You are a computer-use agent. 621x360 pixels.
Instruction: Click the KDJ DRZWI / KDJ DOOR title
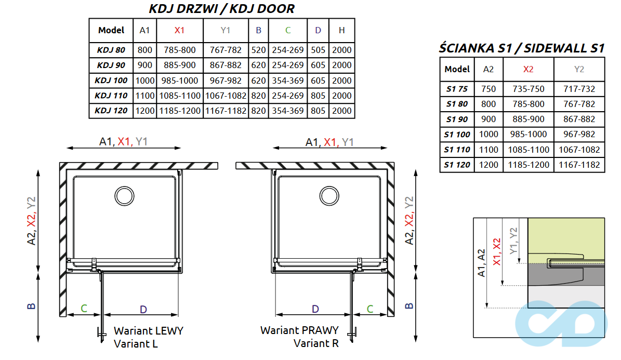tap(221, 9)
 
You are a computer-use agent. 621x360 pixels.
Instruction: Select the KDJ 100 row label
tap(111, 81)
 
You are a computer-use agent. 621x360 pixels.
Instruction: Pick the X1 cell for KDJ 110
tap(179, 96)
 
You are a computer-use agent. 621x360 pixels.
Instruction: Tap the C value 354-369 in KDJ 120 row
tap(288, 111)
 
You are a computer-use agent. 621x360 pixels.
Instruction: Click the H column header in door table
tap(341, 31)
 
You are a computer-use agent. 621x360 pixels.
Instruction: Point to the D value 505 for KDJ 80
tap(318, 50)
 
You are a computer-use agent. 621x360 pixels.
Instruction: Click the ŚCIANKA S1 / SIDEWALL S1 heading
tap(522, 48)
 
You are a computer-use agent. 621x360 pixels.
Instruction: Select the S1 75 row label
tap(457, 89)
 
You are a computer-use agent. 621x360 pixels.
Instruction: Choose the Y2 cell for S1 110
tap(579, 150)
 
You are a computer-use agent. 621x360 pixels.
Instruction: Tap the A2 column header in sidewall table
tap(488, 69)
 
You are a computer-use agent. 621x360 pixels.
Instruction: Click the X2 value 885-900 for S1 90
tap(528, 119)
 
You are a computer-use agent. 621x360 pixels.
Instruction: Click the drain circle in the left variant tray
tap(124, 196)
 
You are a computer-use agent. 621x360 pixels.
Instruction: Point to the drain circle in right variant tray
tap(329, 196)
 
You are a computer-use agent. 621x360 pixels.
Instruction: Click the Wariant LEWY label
tap(149, 331)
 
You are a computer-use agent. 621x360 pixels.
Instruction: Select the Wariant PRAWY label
tap(299, 330)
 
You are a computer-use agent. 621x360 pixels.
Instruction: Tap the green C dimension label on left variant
tap(84, 309)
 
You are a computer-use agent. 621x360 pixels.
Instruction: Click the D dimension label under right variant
tap(315, 309)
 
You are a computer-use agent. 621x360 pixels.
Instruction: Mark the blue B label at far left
tap(32, 305)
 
